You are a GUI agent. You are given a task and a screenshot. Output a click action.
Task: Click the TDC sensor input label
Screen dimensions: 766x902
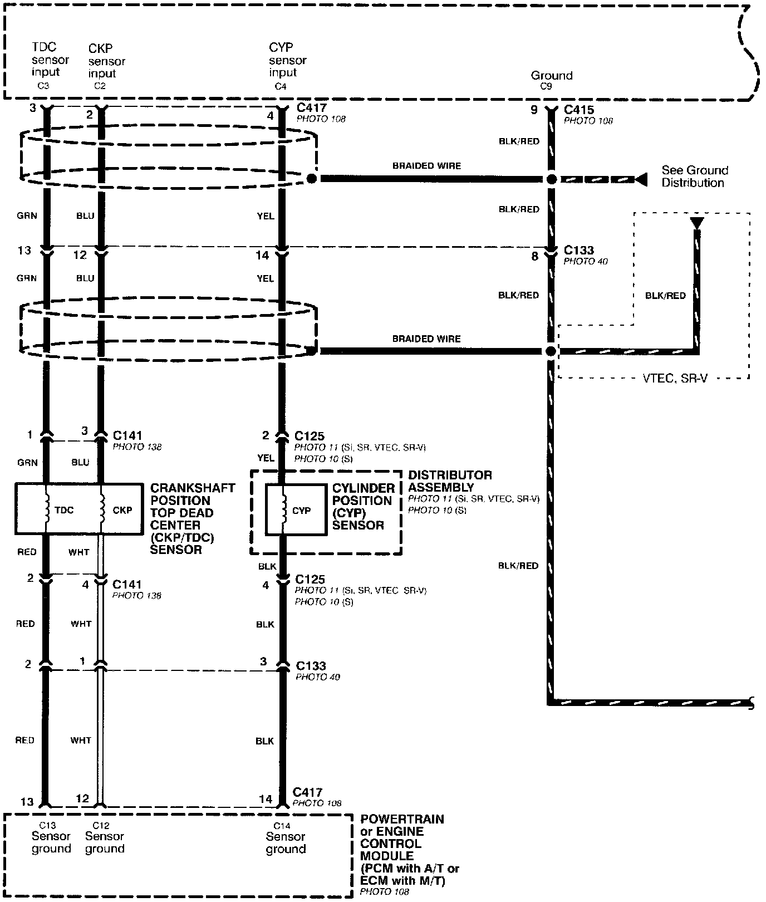50,60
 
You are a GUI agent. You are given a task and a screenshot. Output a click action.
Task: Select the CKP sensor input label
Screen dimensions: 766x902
107,61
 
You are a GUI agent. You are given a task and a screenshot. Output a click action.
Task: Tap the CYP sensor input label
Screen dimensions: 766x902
288,60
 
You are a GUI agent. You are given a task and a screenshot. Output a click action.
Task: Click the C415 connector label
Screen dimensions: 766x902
579,110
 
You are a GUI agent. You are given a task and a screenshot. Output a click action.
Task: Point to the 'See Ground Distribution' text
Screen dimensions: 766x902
695,177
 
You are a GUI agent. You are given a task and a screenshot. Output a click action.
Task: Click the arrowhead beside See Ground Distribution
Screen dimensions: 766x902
641,179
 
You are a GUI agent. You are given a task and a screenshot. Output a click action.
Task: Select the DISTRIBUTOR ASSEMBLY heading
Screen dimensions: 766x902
450,481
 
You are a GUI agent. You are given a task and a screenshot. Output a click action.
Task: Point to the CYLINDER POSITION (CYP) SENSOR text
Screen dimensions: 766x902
364,506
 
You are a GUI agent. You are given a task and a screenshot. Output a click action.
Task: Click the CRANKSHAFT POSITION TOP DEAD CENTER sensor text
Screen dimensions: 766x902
193,518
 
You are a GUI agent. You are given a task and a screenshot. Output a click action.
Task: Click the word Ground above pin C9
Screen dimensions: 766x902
551,75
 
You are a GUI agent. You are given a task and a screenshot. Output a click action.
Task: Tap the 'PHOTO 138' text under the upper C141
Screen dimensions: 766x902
137,447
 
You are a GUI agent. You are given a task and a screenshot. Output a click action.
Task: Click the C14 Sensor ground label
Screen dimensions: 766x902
286,839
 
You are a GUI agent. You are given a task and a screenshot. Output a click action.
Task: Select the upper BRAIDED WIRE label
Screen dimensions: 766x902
426,166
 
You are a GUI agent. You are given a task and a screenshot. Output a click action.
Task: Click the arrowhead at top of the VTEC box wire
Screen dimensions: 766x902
696,223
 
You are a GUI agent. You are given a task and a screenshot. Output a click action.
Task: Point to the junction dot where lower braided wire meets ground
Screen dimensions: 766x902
551,351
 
